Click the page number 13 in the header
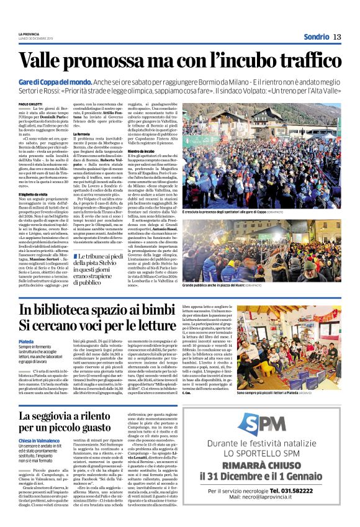pos(337,37)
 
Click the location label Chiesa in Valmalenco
pos(39,440)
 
